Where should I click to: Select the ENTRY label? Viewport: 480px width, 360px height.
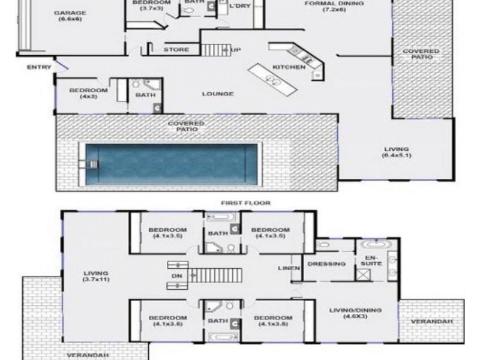click(x=39, y=67)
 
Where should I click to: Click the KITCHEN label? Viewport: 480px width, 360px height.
click(x=289, y=67)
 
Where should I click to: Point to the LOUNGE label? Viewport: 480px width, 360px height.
click(x=218, y=94)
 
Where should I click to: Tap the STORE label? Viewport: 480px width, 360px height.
click(x=176, y=50)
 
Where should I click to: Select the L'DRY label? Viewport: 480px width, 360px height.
click(x=239, y=6)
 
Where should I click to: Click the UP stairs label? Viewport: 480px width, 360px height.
click(x=236, y=50)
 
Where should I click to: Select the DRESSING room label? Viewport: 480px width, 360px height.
click(x=326, y=264)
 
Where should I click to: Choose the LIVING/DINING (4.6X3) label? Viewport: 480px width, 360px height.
click(x=355, y=313)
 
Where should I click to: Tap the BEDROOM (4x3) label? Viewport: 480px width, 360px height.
click(x=88, y=94)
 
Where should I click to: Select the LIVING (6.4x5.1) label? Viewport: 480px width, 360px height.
click(x=397, y=152)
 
